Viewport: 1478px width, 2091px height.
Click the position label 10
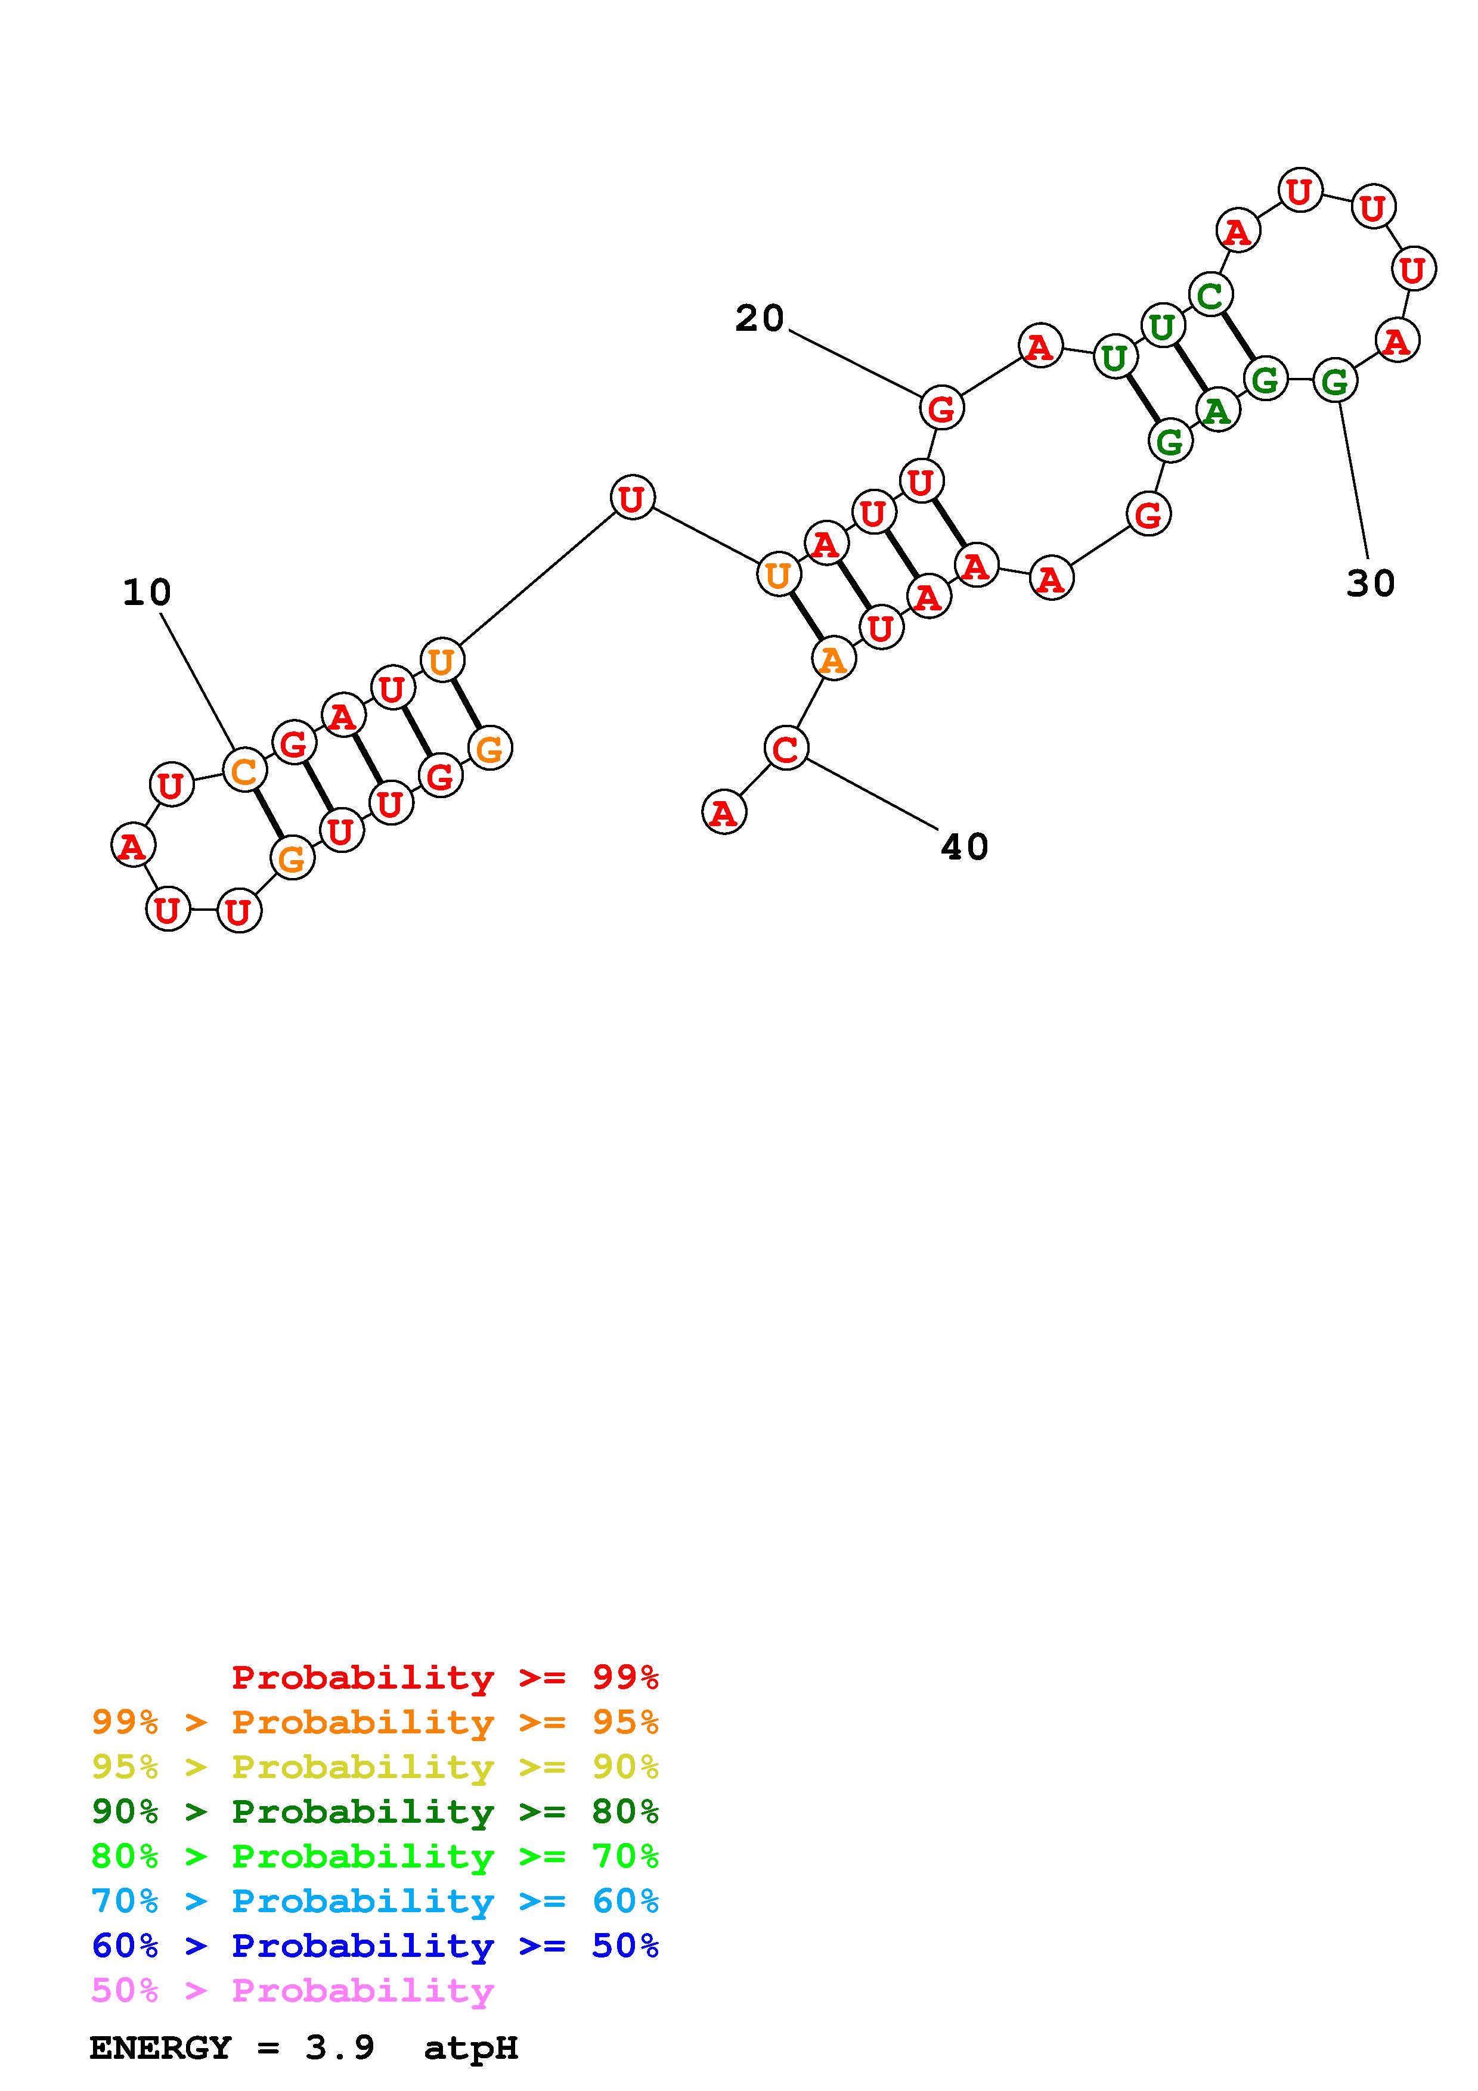click(x=147, y=593)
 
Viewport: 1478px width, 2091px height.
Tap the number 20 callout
click(x=760, y=319)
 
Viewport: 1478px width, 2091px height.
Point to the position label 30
click(x=1371, y=584)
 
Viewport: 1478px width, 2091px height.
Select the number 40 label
click(x=965, y=847)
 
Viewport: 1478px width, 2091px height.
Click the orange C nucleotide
click(x=244, y=771)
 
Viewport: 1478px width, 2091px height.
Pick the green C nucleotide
click(x=1210, y=295)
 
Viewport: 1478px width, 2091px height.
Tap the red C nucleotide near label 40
click(x=786, y=749)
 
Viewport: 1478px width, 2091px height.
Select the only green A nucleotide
click(x=1217, y=412)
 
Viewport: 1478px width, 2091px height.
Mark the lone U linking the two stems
click(x=632, y=497)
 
